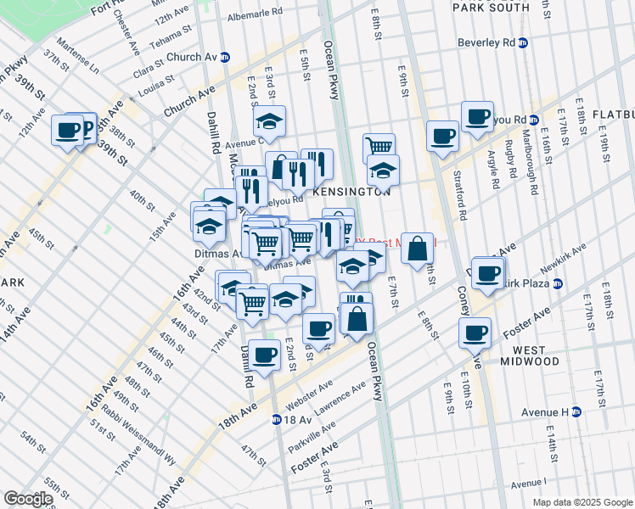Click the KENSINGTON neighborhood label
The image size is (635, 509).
coord(351,193)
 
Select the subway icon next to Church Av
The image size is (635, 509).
coord(225,58)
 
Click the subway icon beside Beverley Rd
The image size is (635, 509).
coord(523,42)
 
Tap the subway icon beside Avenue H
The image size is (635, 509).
coord(576,412)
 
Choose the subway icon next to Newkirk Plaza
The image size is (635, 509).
coord(557,283)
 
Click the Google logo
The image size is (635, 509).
coord(29,499)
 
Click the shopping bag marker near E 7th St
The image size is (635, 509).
coord(417,249)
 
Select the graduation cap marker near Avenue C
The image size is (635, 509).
coord(269,122)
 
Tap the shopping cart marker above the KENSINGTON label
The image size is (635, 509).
coord(379,147)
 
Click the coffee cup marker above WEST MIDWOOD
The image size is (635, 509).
coord(476,332)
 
